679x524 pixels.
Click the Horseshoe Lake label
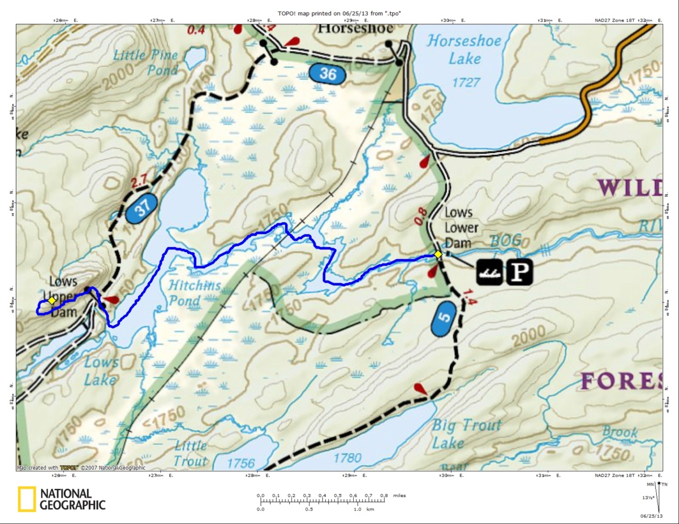click(x=454, y=49)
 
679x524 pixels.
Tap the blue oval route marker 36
click(x=328, y=73)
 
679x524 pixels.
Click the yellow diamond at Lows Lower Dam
click(x=438, y=254)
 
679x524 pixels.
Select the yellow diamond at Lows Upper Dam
click(x=51, y=300)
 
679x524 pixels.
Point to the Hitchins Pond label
click(x=194, y=292)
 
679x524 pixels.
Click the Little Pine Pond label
click(x=146, y=62)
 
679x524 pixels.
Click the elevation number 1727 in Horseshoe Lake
click(x=465, y=83)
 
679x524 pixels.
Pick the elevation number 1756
click(x=241, y=464)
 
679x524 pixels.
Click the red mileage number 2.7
click(x=139, y=182)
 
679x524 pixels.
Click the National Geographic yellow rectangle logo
click(x=26, y=499)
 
